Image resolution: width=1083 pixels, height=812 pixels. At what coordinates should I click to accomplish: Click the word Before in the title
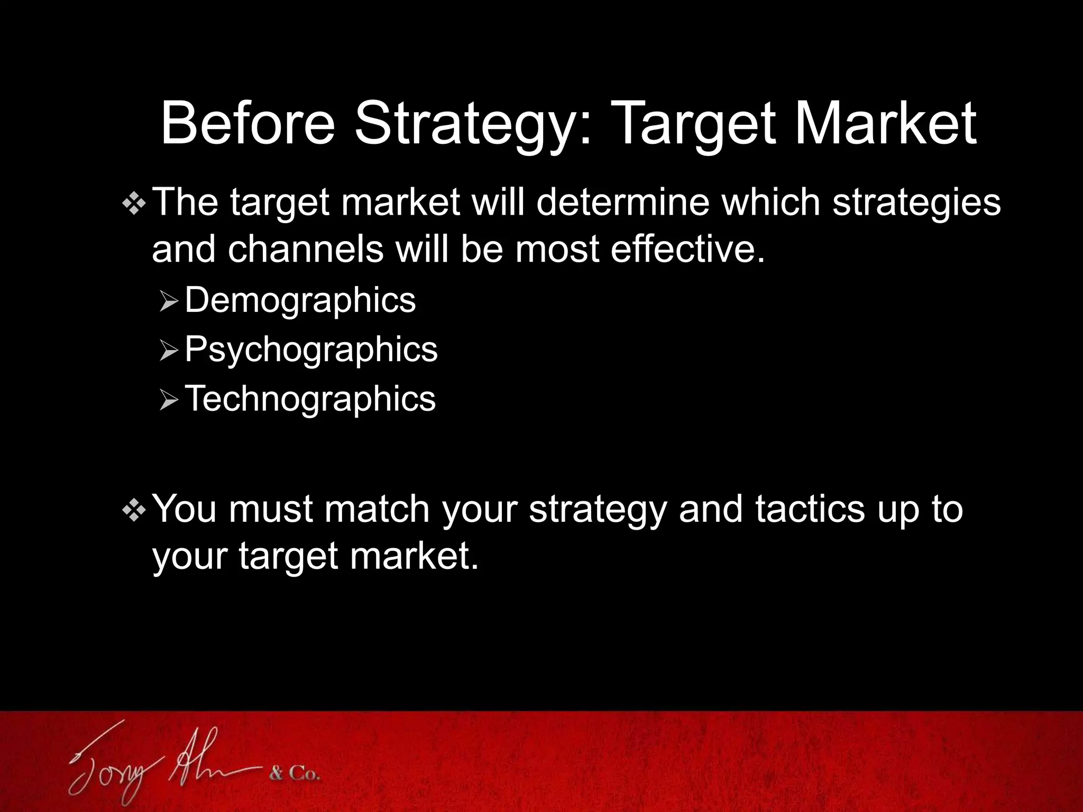(247, 124)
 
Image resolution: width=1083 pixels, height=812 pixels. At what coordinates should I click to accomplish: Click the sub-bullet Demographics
(300, 300)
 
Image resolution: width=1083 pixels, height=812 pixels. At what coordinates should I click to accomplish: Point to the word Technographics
(310, 398)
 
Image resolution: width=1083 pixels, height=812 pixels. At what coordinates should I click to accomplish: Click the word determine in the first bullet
(622, 202)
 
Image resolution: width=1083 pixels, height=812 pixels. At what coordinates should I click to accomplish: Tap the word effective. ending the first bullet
(687, 248)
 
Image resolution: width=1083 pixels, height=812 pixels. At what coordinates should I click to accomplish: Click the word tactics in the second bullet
(810, 509)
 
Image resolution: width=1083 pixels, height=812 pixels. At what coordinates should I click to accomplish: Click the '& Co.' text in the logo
(295, 775)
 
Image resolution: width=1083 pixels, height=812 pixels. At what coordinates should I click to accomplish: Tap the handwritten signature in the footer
(164, 761)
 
